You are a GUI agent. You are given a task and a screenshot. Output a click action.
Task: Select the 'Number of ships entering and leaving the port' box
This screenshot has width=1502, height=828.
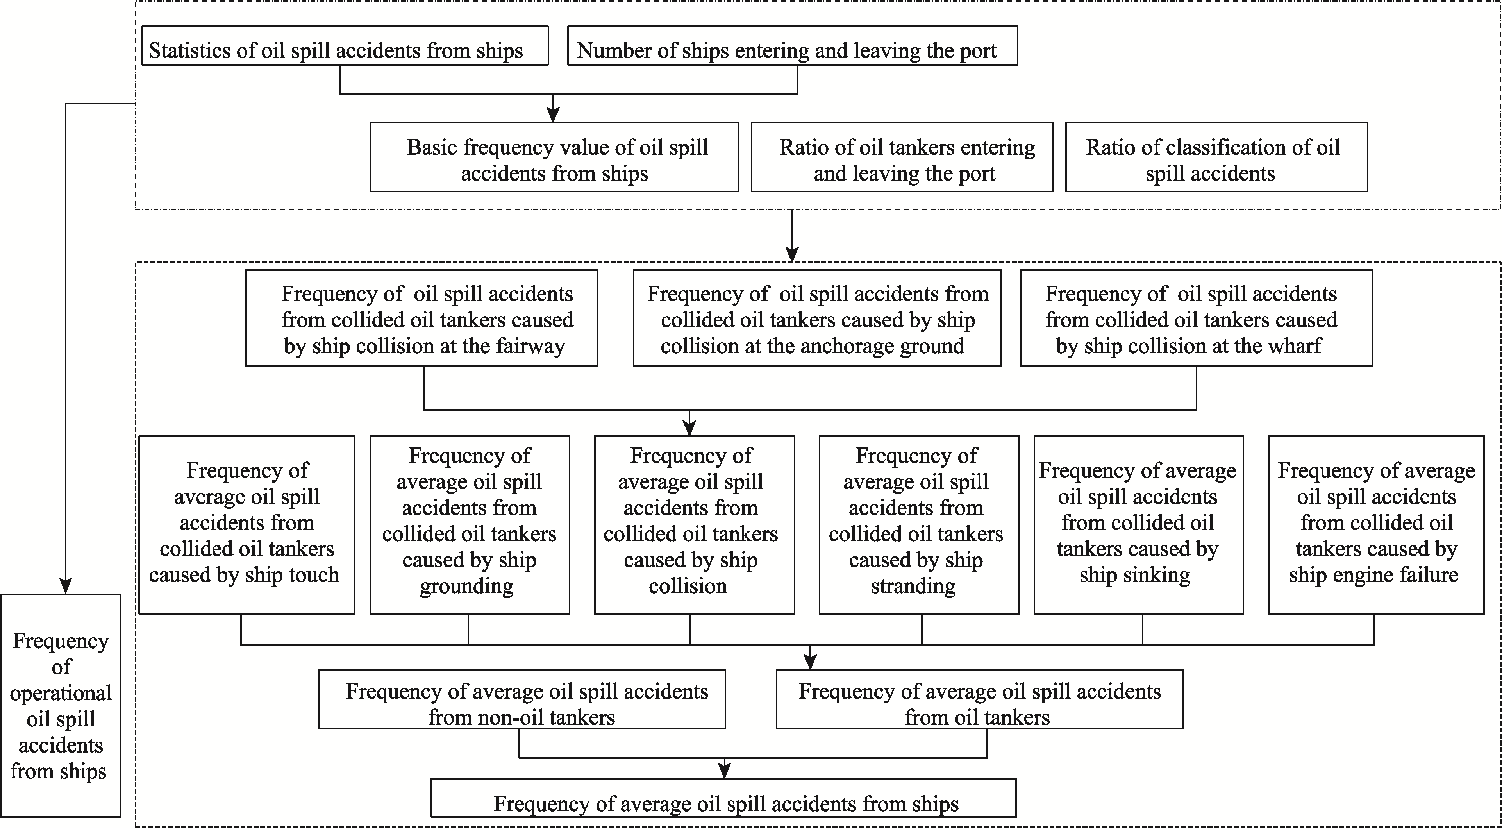[792, 45]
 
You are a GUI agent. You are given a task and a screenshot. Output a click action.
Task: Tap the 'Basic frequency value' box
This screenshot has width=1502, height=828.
[554, 157]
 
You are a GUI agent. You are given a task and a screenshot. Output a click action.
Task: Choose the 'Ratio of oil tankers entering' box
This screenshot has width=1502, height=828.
[902, 157]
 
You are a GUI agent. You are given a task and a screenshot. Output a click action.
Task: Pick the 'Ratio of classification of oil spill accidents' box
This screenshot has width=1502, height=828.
[1216, 157]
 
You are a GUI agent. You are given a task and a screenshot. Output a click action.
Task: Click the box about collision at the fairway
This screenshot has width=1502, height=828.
[421, 318]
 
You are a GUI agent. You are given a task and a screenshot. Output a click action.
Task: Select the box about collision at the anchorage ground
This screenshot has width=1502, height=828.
[817, 318]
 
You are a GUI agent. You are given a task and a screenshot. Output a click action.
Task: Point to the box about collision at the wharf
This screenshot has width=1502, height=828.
[1196, 318]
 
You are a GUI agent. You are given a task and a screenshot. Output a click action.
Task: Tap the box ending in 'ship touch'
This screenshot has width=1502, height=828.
[246, 525]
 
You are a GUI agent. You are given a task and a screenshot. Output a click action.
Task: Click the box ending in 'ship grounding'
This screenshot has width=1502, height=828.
[470, 525]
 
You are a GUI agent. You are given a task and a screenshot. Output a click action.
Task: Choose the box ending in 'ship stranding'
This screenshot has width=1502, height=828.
[919, 525]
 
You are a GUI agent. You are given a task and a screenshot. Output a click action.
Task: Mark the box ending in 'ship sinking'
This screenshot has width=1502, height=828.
[1139, 525]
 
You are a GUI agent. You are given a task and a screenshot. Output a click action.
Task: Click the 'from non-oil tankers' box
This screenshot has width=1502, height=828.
[522, 699]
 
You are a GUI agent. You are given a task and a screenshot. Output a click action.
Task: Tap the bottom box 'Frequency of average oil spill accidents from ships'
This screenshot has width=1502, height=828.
[723, 798]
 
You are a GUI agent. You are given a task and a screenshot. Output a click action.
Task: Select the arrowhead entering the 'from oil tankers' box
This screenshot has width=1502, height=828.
[810, 662]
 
